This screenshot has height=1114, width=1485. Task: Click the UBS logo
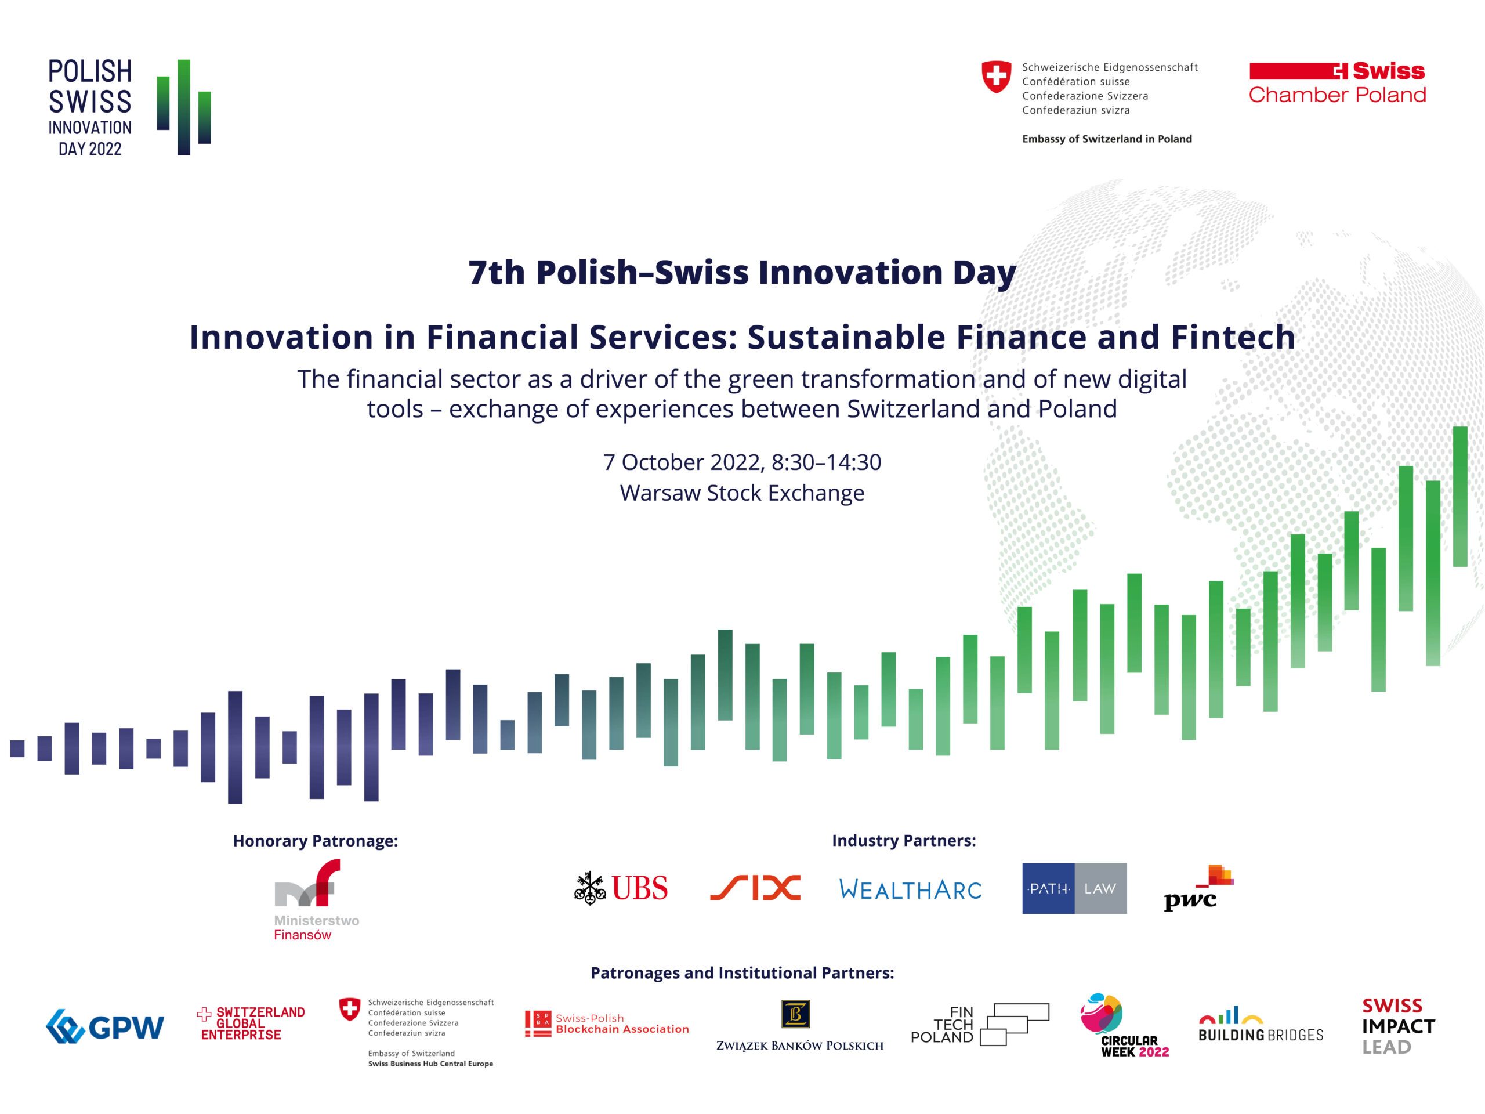pyautogui.click(x=621, y=888)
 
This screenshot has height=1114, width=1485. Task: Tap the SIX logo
pyautogui.click(x=755, y=888)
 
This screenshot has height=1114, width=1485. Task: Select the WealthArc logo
pyautogui.click(x=910, y=889)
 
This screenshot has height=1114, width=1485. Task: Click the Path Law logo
pyautogui.click(x=1074, y=888)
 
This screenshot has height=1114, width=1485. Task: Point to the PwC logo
pyautogui.click(x=1198, y=888)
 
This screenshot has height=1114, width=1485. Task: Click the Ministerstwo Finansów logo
pyautogui.click(x=316, y=900)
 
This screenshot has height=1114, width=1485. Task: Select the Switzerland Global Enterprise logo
pyautogui.click(x=251, y=1023)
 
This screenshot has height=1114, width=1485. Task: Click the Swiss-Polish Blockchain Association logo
pyautogui.click(x=607, y=1023)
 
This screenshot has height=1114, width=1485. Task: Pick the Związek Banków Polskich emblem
pyautogui.click(x=795, y=1014)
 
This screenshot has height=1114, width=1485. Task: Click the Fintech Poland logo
pyautogui.click(x=980, y=1024)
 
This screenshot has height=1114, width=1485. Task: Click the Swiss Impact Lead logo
pyautogui.click(x=1399, y=1026)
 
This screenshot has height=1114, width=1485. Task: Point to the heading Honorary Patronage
pyautogui.click(x=316, y=841)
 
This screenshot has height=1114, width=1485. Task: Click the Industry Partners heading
pyautogui.click(x=904, y=840)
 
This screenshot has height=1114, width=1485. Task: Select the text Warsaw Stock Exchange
pyautogui.click(x=742, y=493)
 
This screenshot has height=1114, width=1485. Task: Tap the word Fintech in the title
pyautogui.click(x=1233, y=337)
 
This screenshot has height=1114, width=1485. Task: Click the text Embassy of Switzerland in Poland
pyautogui.click(x=1107, y=139)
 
